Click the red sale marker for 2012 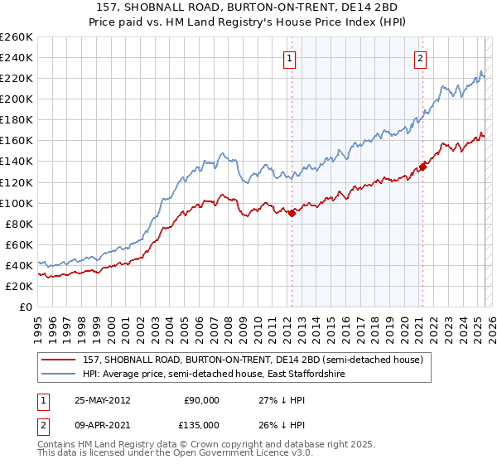[292, 213]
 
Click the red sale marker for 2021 [422, 167]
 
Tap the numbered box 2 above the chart [421, 58]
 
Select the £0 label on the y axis [25, 307]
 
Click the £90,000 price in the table [201, 399]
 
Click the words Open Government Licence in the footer [241, 454]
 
